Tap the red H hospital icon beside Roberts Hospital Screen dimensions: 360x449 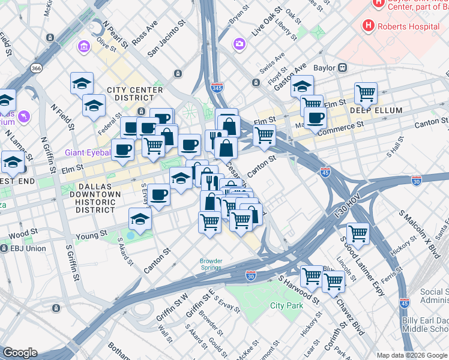pyautogui.click(x=367, y=26)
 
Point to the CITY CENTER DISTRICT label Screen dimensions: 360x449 pyautogui.click(x=134, y=94)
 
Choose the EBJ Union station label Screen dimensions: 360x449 pyautogui.click(x=28, y=248)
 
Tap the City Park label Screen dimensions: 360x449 pyautogui.click(x=286, y=305)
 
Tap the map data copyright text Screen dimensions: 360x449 pyautogui.click(x=412, y=355)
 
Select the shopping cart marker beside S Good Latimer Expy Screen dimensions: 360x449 pyautogui.click(x=358, y=232)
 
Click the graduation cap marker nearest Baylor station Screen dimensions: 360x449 pyautogui.click(x=303, y=85)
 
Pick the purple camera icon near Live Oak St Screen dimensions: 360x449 pyautogui.click(x=240, y=44)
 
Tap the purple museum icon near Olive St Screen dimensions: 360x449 pyautogui.click(x=83, y=47)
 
